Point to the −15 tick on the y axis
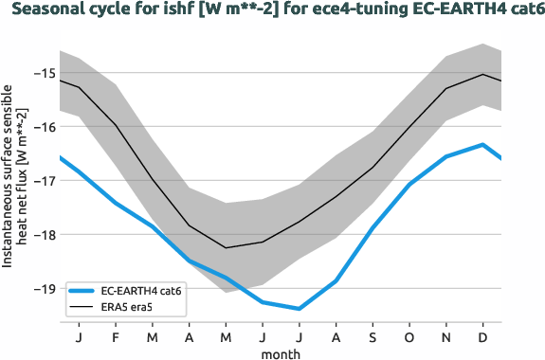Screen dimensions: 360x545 click(44, 73)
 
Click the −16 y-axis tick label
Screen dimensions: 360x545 click(44, 127)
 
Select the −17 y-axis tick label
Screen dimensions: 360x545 click(44, 181)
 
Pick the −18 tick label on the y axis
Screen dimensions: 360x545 click(44, 235)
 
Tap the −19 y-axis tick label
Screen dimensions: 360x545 click(44, 289)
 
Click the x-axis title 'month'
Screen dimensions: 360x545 click(281, 352)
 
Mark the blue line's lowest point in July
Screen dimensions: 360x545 click(299, 309)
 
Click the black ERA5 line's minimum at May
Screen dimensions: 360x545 click(226, 248)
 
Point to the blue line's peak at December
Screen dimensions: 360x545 click(483, 145)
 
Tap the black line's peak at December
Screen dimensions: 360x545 click(483, 74)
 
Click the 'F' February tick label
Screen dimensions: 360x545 click(115, 336)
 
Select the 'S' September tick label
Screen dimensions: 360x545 click(372, 336)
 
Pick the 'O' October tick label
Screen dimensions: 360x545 click(409, 336)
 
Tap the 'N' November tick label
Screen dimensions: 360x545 click(446, 336)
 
